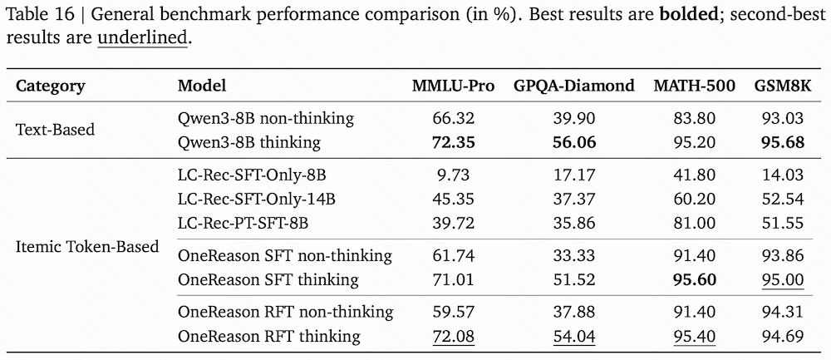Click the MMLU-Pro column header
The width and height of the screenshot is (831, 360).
point(453,86)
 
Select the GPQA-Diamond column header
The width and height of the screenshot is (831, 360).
point(574,86)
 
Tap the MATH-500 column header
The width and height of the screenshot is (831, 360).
point(694,86)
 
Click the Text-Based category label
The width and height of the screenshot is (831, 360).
point(56,130)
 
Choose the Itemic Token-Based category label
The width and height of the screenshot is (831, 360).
point(87,247)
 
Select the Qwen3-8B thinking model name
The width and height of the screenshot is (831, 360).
point(249,142)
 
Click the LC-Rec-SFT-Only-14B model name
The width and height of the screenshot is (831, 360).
point(257,200)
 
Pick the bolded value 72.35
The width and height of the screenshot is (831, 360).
point(453,142)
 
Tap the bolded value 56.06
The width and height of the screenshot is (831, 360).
point(574,142)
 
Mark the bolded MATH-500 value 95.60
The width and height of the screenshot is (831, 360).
point(695,279)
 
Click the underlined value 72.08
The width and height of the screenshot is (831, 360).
point(453,336)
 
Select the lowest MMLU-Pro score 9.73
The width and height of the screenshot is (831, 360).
point(453,175)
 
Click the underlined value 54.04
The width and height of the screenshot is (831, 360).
point(574,336)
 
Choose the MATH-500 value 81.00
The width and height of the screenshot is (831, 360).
point(695,224)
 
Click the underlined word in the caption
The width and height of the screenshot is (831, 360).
point(143,39)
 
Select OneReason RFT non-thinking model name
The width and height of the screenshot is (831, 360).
point(286,312)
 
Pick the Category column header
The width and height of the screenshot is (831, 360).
point(51,86)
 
